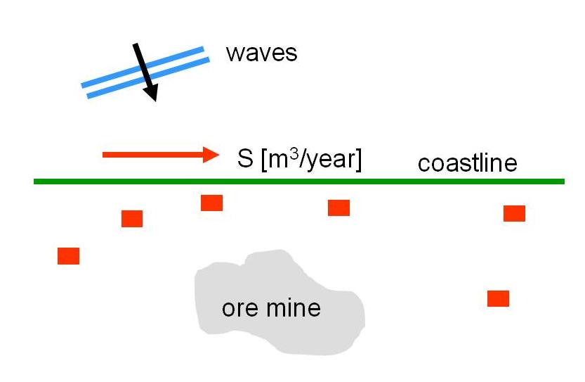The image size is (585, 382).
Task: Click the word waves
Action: point(261,53)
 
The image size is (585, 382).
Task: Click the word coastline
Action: point(467,163)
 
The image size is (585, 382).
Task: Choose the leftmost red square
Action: point(68,256)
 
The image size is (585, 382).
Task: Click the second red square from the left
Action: point(132,219)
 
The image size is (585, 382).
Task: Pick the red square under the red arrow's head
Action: point(211,203)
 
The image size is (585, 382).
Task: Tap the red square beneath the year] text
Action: point(338,208)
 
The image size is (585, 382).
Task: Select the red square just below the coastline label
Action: point(514,213)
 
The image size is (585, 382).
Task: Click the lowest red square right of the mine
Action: point(498,298)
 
